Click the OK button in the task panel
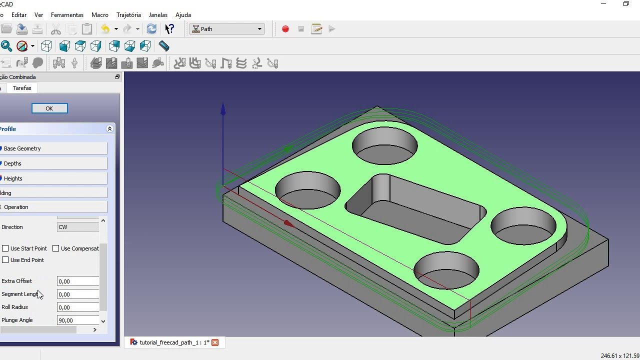[49, 108]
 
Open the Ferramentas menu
[67, 15]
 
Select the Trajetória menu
[128, 15]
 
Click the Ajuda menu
[183, 15]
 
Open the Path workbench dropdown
[227, 29]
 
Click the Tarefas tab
[22, 88]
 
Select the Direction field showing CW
[78, 227]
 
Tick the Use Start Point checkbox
[5, 248]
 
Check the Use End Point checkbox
[5, 260]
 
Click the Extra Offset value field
[78, 281]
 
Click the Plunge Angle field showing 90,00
[78, 320]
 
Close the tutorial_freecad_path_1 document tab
[215, 342]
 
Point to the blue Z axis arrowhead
[223, 108]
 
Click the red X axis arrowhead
[289, 223]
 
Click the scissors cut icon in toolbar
[55, 29]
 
